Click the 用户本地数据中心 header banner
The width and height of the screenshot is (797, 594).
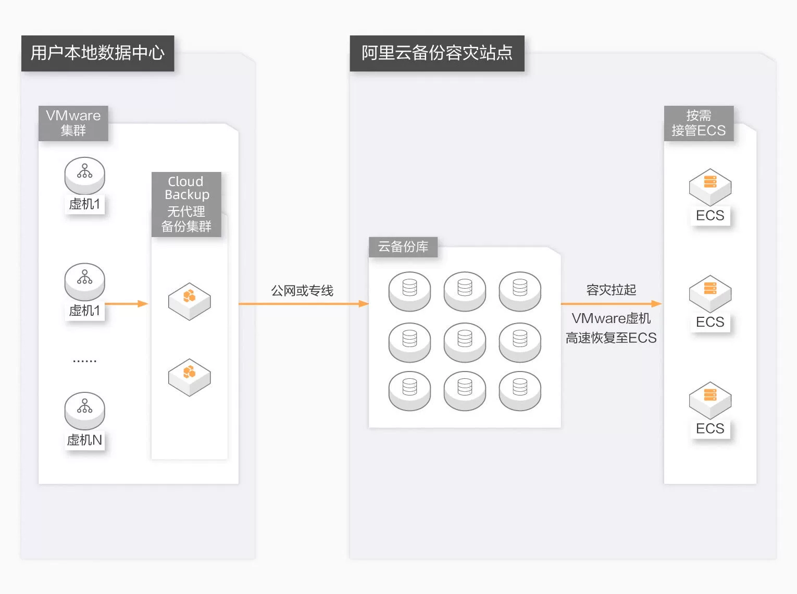[97, 53]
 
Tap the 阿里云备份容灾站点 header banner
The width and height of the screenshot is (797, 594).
[437, 53]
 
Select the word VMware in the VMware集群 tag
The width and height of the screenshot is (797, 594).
[73, 116]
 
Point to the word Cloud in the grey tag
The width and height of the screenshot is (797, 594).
[185, 181]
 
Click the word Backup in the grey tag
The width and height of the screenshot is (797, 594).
[186, 195]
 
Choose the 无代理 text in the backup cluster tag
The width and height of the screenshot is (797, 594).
[186, 212]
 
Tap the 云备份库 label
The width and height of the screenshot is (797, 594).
[403, 247]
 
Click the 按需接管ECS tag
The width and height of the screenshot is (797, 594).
[699, 123]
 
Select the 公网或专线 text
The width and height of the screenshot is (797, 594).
[302, 291]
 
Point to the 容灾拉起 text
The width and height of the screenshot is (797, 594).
[611, 290]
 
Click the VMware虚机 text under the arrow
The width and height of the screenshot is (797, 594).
[611, 318]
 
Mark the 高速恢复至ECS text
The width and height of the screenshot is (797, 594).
[611, 338]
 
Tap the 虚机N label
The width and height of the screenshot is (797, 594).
[84, 440]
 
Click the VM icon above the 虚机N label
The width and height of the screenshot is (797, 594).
[84, 410]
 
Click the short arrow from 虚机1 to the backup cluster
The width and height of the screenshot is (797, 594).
[127, 304]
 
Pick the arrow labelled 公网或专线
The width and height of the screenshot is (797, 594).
[303, 304]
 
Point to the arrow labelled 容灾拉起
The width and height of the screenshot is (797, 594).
[611, 304]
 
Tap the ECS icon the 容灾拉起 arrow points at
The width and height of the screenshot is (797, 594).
[710, 293]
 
